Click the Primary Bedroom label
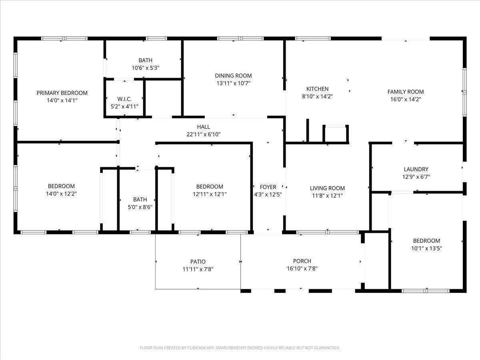62,93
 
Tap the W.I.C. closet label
124,99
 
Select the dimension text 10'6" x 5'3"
146,68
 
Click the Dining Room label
233,76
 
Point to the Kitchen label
317,89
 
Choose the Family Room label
405,92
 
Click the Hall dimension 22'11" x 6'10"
203,134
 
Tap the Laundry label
416,169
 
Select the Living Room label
327,188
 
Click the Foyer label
268,187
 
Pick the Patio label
198,262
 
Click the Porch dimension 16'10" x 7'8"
302,268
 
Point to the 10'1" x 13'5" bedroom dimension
426,248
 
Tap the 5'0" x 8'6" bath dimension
140,207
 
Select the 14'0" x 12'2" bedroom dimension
61,194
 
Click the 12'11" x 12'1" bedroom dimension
210,194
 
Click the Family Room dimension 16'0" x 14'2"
405,99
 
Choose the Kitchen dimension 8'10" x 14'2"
317,96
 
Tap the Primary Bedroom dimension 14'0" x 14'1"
62,100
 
